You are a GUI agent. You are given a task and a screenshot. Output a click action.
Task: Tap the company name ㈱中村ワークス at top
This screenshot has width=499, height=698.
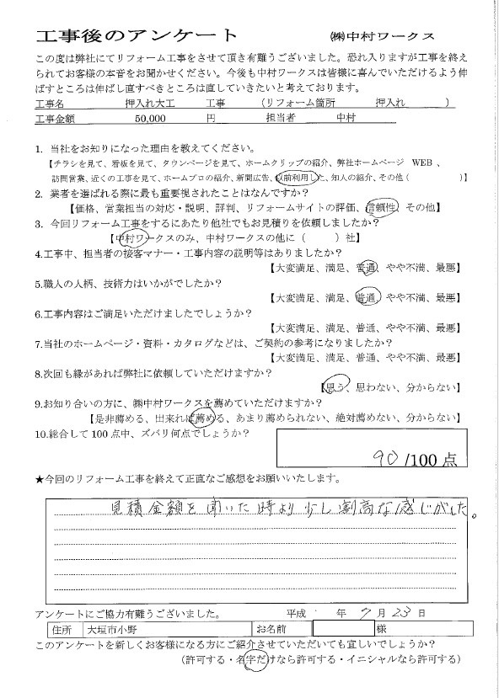[382, 37]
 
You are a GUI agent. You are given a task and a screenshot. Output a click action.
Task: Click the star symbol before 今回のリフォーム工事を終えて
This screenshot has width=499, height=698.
[39, 479]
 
